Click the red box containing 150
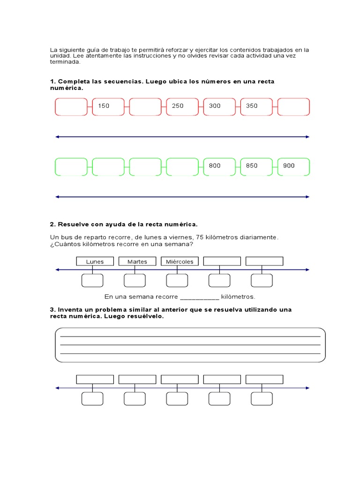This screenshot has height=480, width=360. (x=108, y=106)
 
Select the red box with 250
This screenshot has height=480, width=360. (x=182, y=106)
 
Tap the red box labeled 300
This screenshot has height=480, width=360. (x=219, y=106)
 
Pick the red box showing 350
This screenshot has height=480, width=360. (x=256, y=106)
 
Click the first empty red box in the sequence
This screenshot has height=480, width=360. (x=71, y=106)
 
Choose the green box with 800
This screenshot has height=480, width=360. (x=219, y=166)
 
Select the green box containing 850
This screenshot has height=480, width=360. (x=256, y=166)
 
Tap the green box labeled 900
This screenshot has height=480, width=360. (x=293, y=166)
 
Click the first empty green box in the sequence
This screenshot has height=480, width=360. (x=71, y=166)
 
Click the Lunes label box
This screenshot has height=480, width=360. (x=95, y=262)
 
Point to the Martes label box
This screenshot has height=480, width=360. (x=137, y=262)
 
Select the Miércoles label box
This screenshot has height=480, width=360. (x=180, y=262)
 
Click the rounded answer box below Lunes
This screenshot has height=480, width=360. (x=92, y=280)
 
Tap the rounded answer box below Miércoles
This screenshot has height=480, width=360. (x=177, y=280)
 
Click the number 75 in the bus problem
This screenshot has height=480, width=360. (x=202, y=237)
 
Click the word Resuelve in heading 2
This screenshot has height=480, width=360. (x=73, y=225)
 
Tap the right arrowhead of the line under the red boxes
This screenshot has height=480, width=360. (x=307, y=137)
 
